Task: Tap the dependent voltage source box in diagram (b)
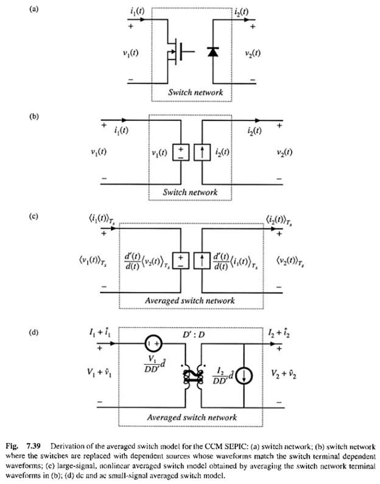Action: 180,151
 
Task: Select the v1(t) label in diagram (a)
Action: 130,52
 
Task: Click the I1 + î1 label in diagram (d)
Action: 97,333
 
